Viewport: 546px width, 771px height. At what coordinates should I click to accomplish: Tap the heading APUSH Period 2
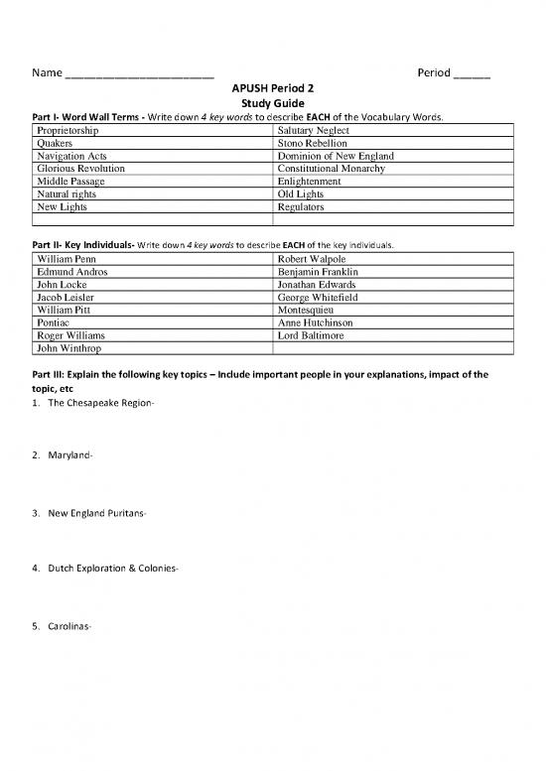coord(272,88)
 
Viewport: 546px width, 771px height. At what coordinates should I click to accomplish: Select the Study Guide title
coord(272,103)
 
